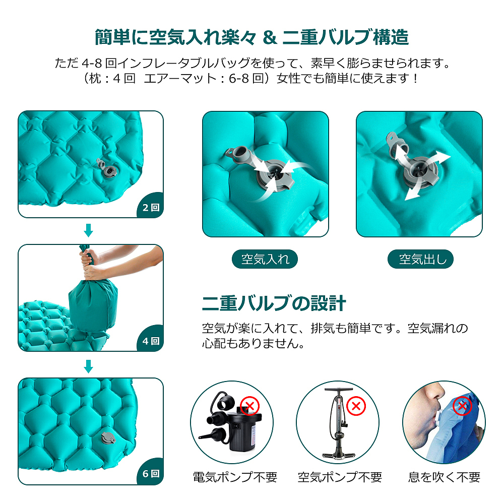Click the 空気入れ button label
click(x=265, y=260)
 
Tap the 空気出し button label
click(x=421, y=260)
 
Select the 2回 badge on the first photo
click(x=150, y=207)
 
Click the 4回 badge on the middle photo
click(x=150, y=341)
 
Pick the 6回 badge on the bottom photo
click(x=150, y=474)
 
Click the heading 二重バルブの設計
click(x=274, y=303)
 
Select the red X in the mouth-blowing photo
click(x=462, y=406)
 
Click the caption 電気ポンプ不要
click(x=235, y=477)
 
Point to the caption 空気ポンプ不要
click(x=339, y=477)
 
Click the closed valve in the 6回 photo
click(x=107, y=437)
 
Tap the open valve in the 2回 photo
click(x=107, y=169)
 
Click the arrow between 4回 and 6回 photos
click(x=89, y=366)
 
